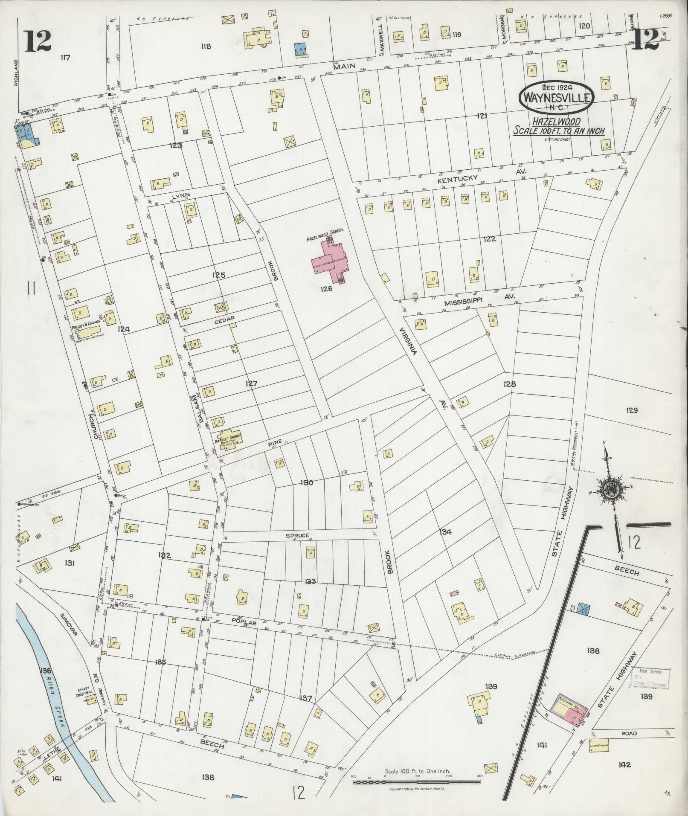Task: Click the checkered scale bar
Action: click(418, 782)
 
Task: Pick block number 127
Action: click(251, 384)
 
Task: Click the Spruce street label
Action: click(298, 535)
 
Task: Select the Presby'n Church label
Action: click(86, 328)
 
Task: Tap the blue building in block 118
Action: click(301, 49)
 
